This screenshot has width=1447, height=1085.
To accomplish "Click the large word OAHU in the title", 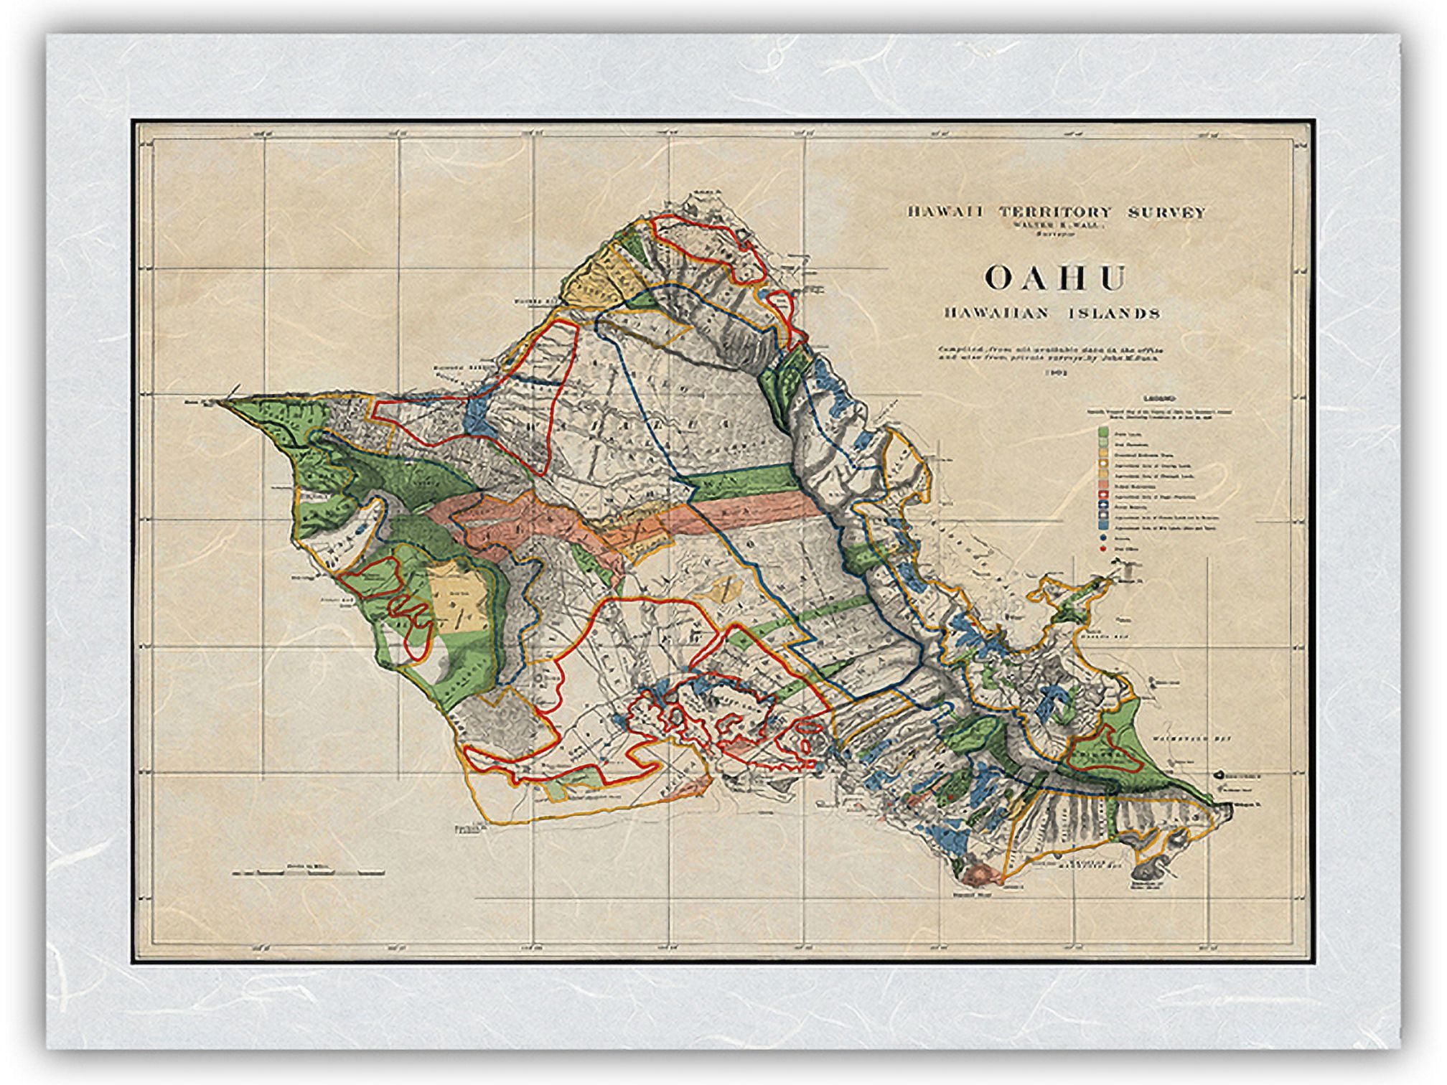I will [1054, 278].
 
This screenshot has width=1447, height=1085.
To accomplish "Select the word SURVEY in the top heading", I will [1163, 212].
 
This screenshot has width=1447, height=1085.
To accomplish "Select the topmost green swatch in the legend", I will [1103, 431].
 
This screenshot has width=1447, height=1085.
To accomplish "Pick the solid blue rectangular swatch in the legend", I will [1103, 525].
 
